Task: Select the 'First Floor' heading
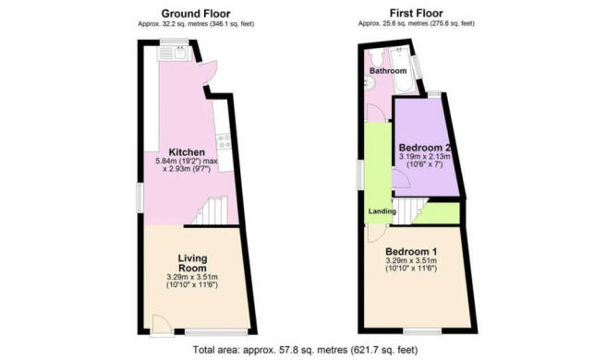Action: [x=417, y=13]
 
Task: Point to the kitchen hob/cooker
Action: [x=223, y=140]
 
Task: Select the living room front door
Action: [x=159, y=322]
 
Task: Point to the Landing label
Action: [x=382, y=212]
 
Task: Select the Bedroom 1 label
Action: [x=412, y=252]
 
